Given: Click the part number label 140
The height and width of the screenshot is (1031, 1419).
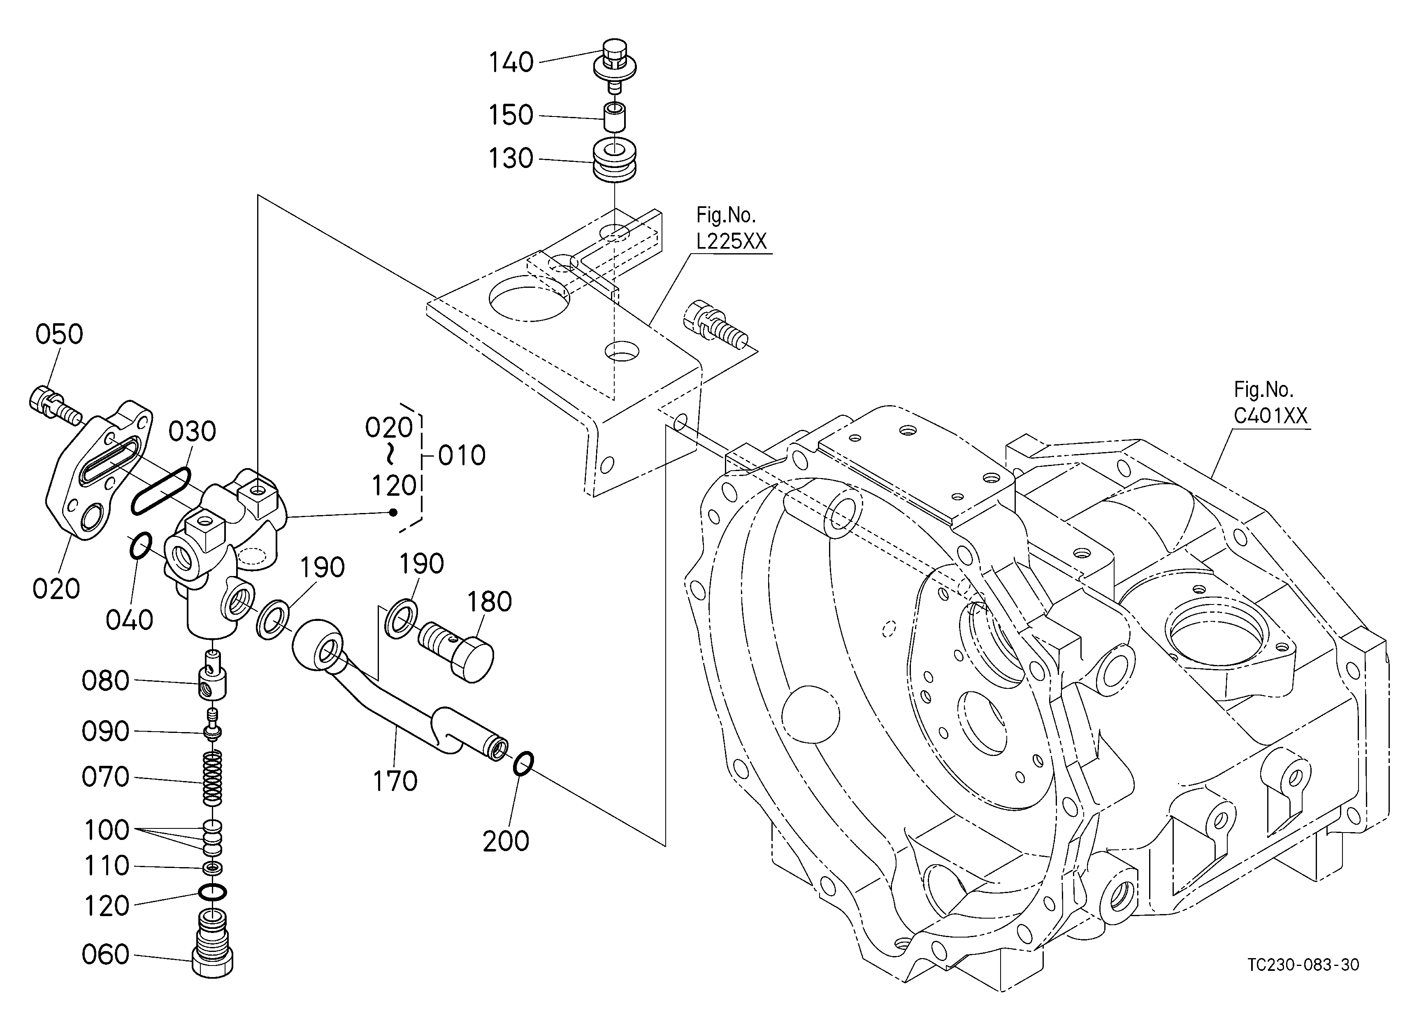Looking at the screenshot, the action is click(x=511, y=63).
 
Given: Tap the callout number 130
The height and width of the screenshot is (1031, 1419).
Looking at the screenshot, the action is click(x=511, y=159).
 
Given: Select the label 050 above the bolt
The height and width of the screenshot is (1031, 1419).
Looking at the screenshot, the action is click(x=59, y=334).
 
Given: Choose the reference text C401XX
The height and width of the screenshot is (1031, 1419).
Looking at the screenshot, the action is click(x=1270, y=416).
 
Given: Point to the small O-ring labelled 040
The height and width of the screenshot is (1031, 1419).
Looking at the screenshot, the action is click(x=140, y=546).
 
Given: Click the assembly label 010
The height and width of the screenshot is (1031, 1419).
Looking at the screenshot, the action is click(x=462, y=456).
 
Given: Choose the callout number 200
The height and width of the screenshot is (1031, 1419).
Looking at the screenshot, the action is click(x=506, y=841).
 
